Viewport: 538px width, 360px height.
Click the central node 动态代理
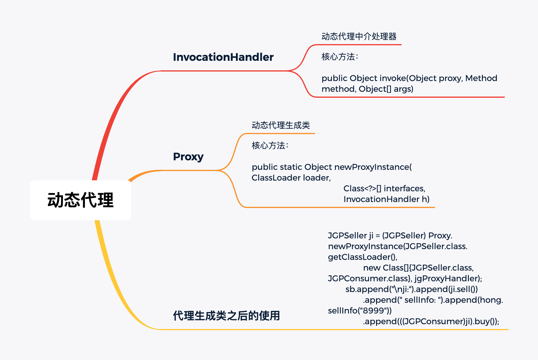[x=80, y=200]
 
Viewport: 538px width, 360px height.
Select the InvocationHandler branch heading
[x=223, y=57]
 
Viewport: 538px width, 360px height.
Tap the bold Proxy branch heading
[x=188, y=156]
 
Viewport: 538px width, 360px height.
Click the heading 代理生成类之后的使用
[x=226, y=316]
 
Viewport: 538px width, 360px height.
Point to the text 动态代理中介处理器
[x=359, y=36]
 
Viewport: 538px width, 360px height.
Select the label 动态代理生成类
[x=281, y=125]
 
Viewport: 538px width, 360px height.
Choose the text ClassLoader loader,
[x=291, y=178]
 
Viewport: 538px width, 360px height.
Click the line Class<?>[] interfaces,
[x=384, y=188]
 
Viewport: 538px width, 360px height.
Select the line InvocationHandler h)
[x=386, y=199]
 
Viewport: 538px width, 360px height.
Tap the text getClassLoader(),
[x=363, y=257]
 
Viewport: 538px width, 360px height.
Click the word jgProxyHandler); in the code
[x=448, y=278]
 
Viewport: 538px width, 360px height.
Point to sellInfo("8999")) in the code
[x=360, y=311]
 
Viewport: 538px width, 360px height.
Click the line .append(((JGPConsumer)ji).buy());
[x=431, y=321]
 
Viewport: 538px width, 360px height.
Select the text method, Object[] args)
[x=367, y=89]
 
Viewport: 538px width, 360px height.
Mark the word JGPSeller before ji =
[x=347, y=235]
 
